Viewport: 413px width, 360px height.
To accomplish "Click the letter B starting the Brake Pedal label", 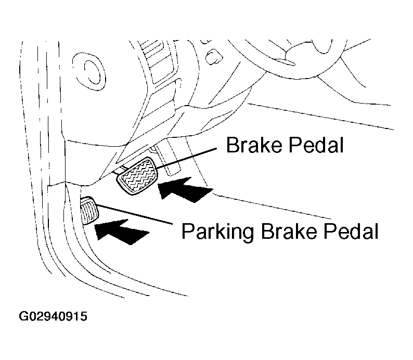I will pyautogui.click(x=231, y=145).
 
